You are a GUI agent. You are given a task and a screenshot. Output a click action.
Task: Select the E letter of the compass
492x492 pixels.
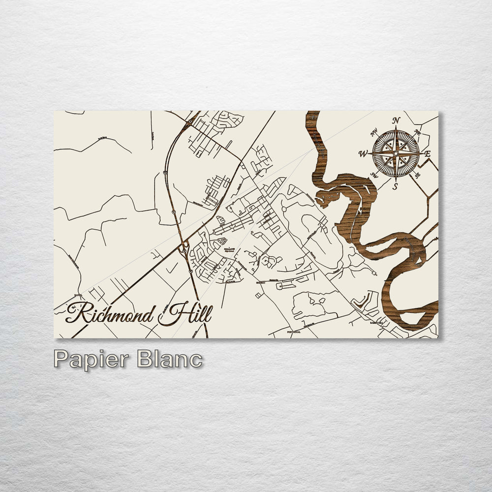[427, 154]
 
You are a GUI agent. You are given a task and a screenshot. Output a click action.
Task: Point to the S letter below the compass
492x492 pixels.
[395, 186]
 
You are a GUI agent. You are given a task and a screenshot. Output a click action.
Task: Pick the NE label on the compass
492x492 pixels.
[417, 132]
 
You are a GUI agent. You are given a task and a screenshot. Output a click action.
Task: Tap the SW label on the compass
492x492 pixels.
[373, 175]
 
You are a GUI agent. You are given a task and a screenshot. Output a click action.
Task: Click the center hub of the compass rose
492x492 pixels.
[396, 153]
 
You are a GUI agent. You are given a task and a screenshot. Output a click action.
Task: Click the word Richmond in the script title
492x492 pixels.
[111, 313]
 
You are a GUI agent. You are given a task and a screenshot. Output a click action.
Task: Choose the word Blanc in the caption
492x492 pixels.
[169, 359]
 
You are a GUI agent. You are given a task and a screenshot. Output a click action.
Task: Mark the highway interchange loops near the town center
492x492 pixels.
[185, 246]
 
